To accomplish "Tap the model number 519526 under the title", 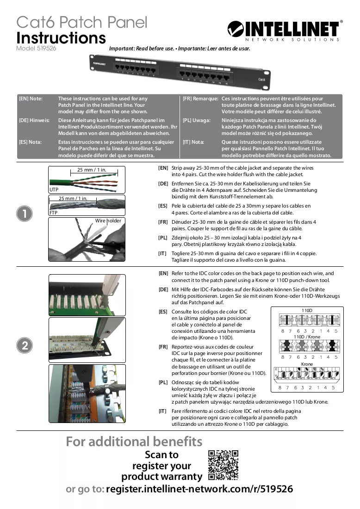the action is tap(46, 49).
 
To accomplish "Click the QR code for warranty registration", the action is tap(223, 465).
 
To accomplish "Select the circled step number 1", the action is tap(25, 214).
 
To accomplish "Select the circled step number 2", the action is tap(25, 345).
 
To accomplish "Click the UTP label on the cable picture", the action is tap(54, 190).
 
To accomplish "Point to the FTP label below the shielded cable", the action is tap(53, 213).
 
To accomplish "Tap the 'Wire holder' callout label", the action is tap(108, 221).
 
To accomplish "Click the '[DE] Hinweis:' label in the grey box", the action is tap(34, 121).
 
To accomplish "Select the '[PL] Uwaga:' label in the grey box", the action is tap(197, 121).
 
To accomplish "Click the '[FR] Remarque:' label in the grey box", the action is tap(200, 98).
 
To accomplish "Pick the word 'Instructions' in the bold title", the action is tap(61, 37).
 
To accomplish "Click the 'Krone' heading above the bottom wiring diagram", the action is tap(307, 364).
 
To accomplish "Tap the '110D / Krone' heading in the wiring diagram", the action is tap(307, 337).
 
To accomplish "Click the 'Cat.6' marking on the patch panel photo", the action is tap(261, 80).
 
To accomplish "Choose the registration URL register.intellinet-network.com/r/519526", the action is tap(199, 489).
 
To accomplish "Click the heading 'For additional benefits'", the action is tap(134, 442).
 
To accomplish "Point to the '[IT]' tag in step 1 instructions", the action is tap(162, 253).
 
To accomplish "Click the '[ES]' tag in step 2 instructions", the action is tap(163, 312).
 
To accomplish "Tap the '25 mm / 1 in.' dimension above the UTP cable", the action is tap(92, 170).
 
